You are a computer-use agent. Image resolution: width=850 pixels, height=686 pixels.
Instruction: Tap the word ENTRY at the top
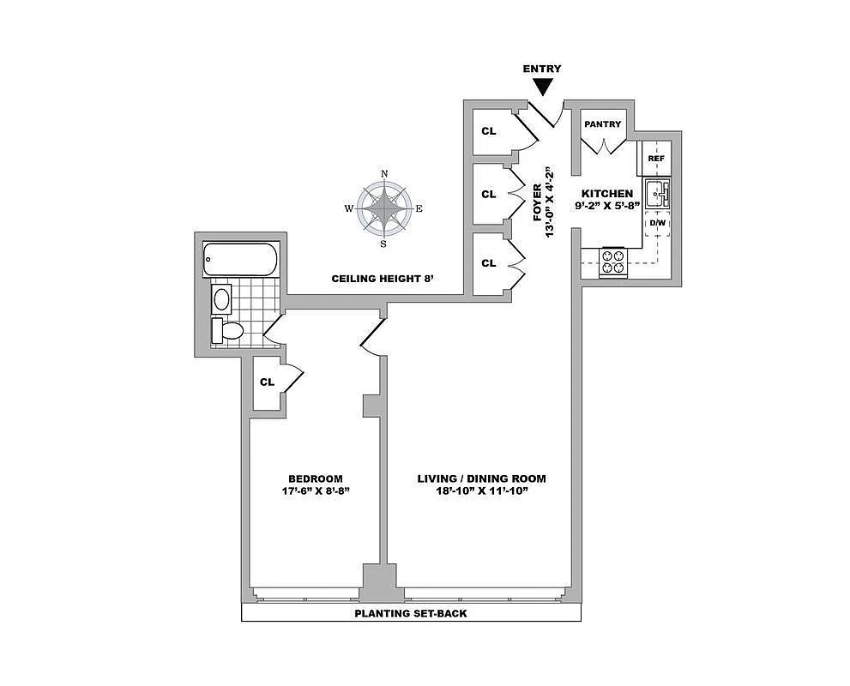[x=542, y=69]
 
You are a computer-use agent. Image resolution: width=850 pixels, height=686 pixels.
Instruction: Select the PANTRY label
[x=602, y=124]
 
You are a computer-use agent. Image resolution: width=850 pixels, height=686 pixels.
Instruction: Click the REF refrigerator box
[x=656, y=159]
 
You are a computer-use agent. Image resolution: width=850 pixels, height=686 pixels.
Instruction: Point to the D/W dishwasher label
[x=657, y=223]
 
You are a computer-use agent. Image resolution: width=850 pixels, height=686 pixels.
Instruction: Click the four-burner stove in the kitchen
[x=613, y=262]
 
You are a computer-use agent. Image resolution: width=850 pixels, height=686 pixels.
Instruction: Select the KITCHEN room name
[x=606, y=195]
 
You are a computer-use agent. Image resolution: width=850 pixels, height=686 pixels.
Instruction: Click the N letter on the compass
[x=383, y=174]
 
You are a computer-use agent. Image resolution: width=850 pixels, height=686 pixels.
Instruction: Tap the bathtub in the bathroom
[x=239, y=259]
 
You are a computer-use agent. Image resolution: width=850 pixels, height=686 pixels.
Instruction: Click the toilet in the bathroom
[x=228, y=329]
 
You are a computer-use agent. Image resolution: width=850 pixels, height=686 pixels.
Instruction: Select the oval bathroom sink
[x=222, y=298]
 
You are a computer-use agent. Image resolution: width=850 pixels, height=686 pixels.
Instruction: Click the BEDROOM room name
[x=315, y=478]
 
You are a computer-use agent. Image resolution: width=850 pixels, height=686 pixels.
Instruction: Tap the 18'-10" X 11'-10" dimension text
[x=481, y=491]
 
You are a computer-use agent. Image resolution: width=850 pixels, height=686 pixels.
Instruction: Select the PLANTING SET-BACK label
[x=411, y=614]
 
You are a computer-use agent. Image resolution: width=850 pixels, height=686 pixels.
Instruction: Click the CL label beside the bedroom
[x=267, y=382]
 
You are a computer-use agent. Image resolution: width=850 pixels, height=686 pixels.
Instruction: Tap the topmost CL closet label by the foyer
[x=488, y=131]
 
